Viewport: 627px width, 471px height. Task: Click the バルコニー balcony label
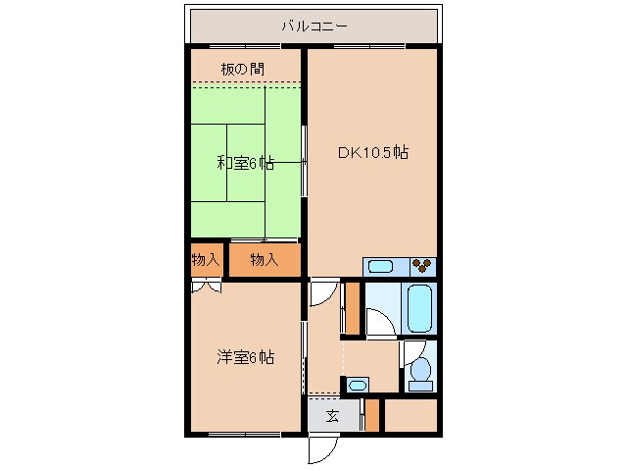pos(313,26)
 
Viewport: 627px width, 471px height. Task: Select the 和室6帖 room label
pos(245,163)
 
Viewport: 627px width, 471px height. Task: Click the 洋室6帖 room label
pos(245,357)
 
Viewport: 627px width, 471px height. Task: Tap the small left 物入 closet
pos(206,260)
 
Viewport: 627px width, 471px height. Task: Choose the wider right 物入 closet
pos(264,260)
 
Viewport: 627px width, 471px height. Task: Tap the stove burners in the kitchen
pos(422,265)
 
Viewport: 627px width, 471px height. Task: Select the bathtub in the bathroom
pos(420,308)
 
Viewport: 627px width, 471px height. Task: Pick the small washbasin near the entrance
pos(358,385)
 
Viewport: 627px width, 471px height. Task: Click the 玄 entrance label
pos(332,416)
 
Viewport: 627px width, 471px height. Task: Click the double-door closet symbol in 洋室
pos(206,286)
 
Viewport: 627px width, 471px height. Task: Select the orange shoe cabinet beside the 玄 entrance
pos(371,415)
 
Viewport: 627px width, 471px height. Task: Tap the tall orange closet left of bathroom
pos(351,308)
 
